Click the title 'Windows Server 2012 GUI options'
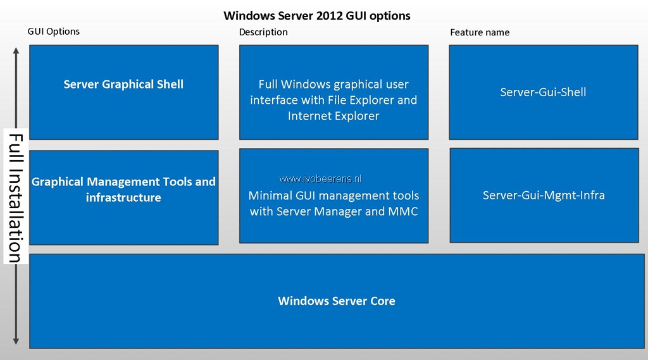317,16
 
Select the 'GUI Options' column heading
54,32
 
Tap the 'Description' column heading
263,32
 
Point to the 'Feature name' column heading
480,32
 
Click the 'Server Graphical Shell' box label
123,84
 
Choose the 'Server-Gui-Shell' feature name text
543,92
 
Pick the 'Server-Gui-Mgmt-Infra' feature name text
544,195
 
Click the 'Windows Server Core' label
337,301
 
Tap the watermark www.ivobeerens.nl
320,178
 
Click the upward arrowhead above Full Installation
16,51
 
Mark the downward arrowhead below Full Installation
16,341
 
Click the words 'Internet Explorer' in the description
333,116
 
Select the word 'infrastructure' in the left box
123,197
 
